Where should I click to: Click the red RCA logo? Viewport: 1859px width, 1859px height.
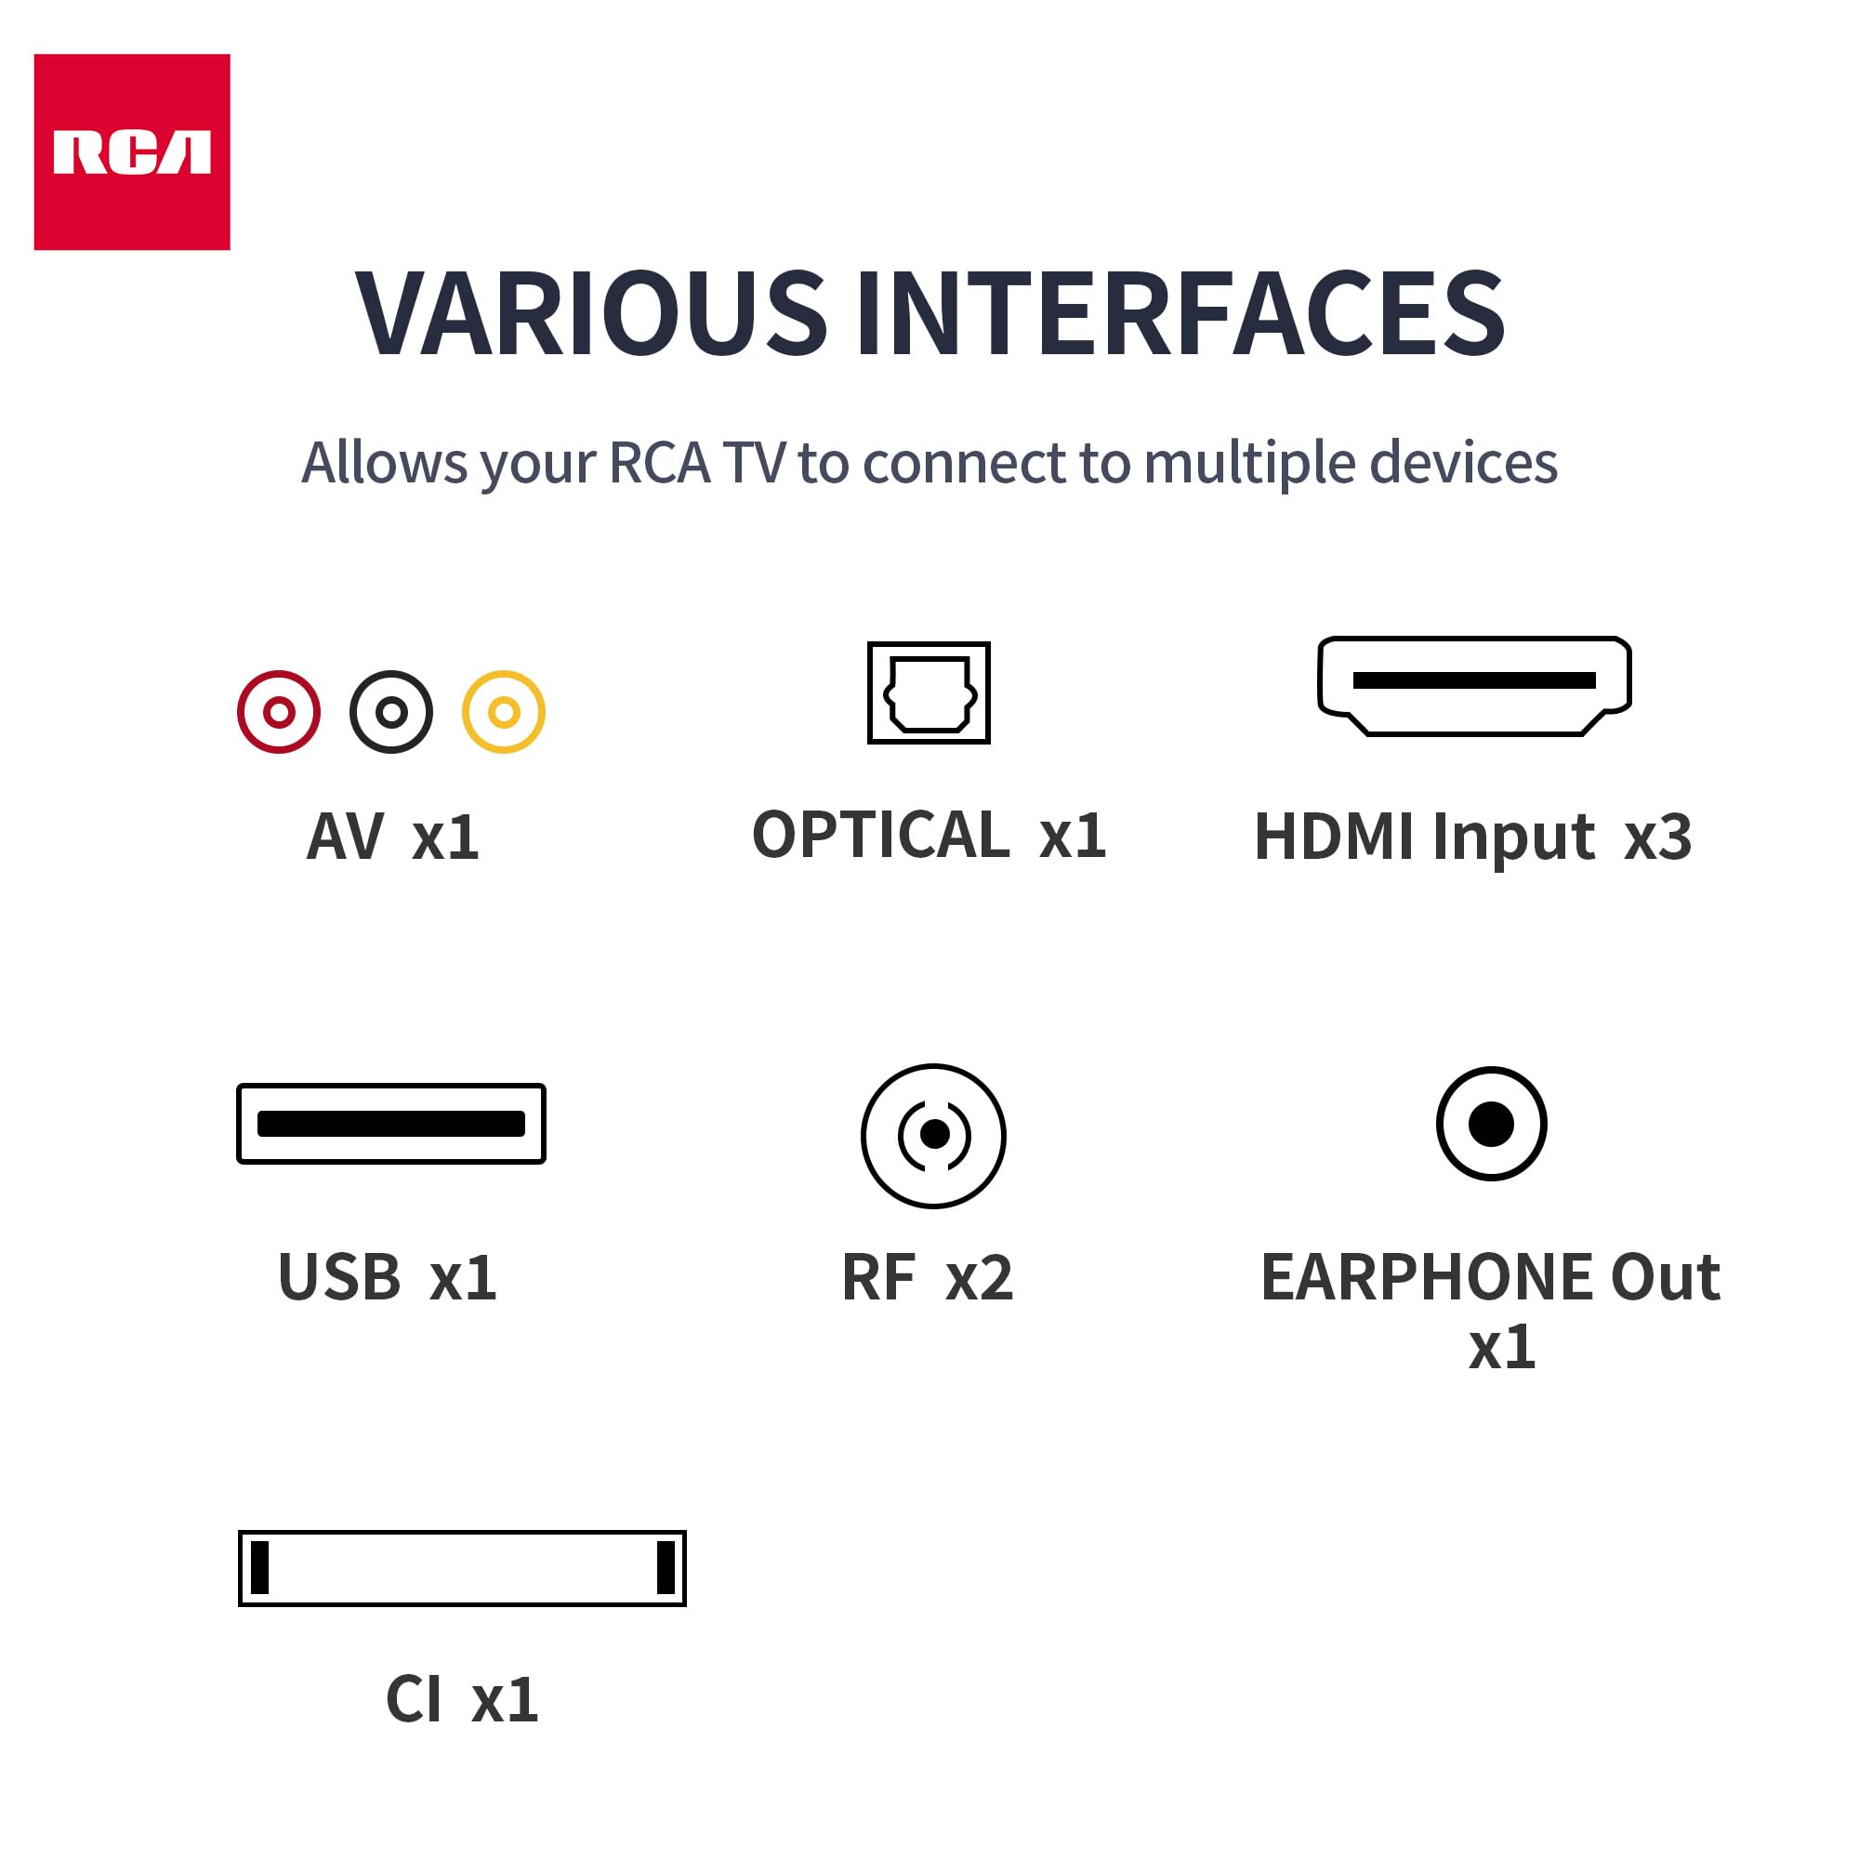click(132, 152)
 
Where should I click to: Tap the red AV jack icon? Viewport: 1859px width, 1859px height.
click(279, 712)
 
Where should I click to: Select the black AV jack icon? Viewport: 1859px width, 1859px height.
click(390, 712)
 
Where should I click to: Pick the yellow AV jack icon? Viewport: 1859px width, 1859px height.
click(503, 712)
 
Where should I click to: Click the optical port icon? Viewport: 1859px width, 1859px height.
click(929, 692)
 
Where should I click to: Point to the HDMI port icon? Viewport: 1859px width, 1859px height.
click(1474, 685)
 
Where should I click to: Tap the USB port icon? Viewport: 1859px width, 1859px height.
click(390, 1123)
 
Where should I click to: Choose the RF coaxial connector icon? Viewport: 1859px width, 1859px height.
click(933, 1136)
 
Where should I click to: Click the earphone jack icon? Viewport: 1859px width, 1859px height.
click(1492, 1123)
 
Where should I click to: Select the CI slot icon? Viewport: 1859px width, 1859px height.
click(462, 1568)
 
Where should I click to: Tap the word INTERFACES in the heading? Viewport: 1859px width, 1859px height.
click(1180, 313)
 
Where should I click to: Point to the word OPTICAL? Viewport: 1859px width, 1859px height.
click(880, 835)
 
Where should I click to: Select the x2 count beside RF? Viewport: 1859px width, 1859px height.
click(980, 1278)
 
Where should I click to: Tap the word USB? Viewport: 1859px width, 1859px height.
click(338, 1278)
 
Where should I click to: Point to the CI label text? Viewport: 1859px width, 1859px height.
click(414, 1699)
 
